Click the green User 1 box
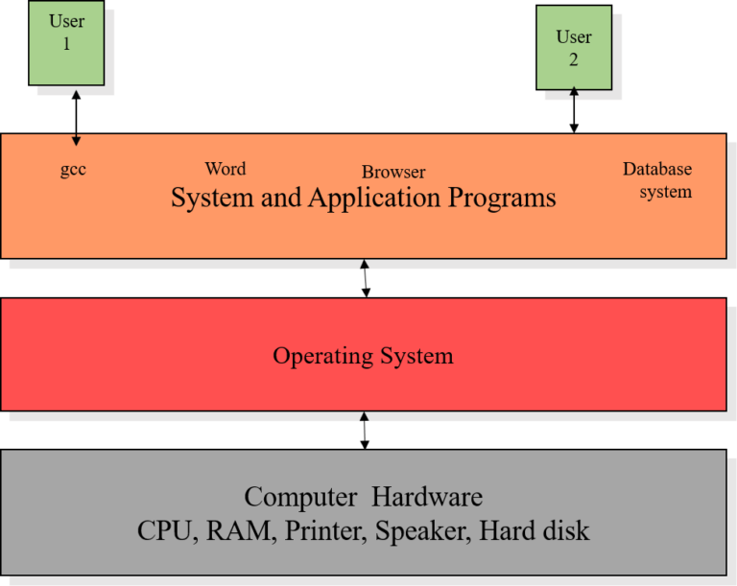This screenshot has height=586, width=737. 66,43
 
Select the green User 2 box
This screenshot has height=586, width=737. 574,48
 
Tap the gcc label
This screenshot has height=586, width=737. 73,170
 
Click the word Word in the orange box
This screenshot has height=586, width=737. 226,169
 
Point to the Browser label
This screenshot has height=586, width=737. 393,173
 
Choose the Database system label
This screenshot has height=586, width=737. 658,180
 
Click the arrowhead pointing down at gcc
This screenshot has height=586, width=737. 77,141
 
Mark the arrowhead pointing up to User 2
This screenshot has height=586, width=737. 574,94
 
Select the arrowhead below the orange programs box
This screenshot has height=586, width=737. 364,264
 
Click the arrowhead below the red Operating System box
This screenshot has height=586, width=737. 364,416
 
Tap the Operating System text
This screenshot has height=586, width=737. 363,356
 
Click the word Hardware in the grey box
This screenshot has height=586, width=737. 427,498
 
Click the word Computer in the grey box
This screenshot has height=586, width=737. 300,498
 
